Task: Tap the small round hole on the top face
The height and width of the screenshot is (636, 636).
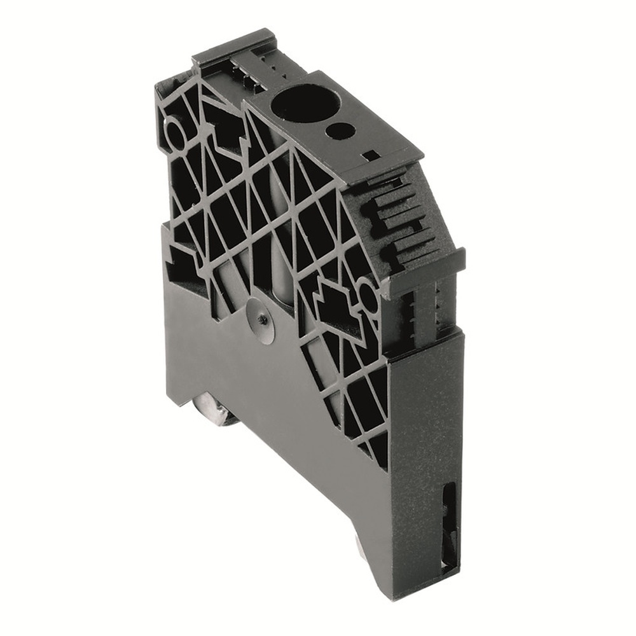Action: (340, 130)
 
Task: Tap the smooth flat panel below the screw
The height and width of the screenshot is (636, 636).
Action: (280, 407)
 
